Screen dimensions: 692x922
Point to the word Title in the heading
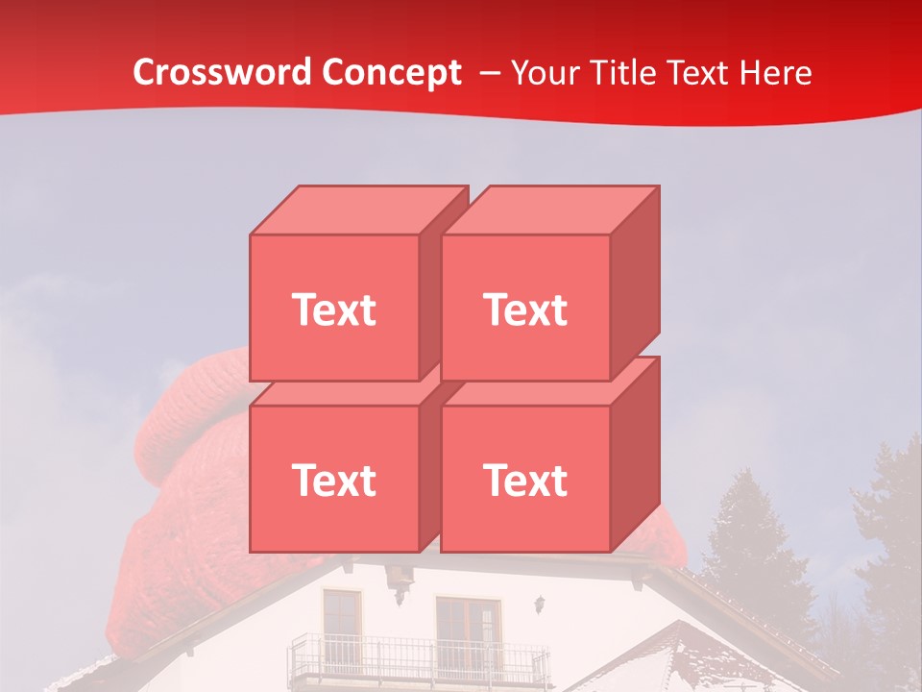625,73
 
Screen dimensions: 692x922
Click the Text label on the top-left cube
334,309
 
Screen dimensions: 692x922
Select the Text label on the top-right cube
525,309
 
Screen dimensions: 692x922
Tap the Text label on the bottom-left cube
334,480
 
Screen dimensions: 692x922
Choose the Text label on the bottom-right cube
525,480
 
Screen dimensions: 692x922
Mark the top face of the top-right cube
550,210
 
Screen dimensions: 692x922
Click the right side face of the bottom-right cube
635,452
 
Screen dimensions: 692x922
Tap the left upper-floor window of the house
341,615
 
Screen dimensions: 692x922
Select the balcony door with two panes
468,630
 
